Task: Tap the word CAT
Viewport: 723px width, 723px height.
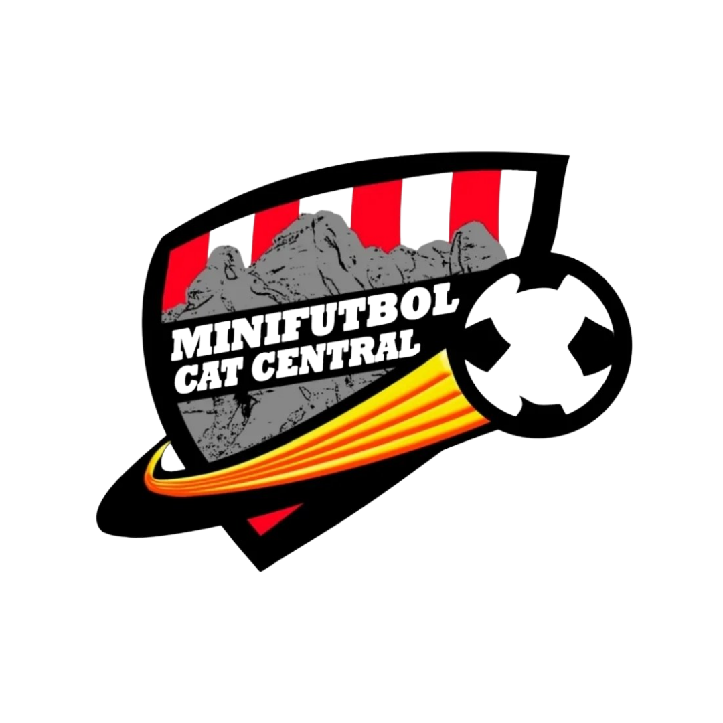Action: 208,376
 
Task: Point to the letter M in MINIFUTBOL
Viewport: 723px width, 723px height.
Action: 190,343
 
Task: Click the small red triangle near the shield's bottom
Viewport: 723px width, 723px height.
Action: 270,519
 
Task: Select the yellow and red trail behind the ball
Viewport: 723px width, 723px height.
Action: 335,428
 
